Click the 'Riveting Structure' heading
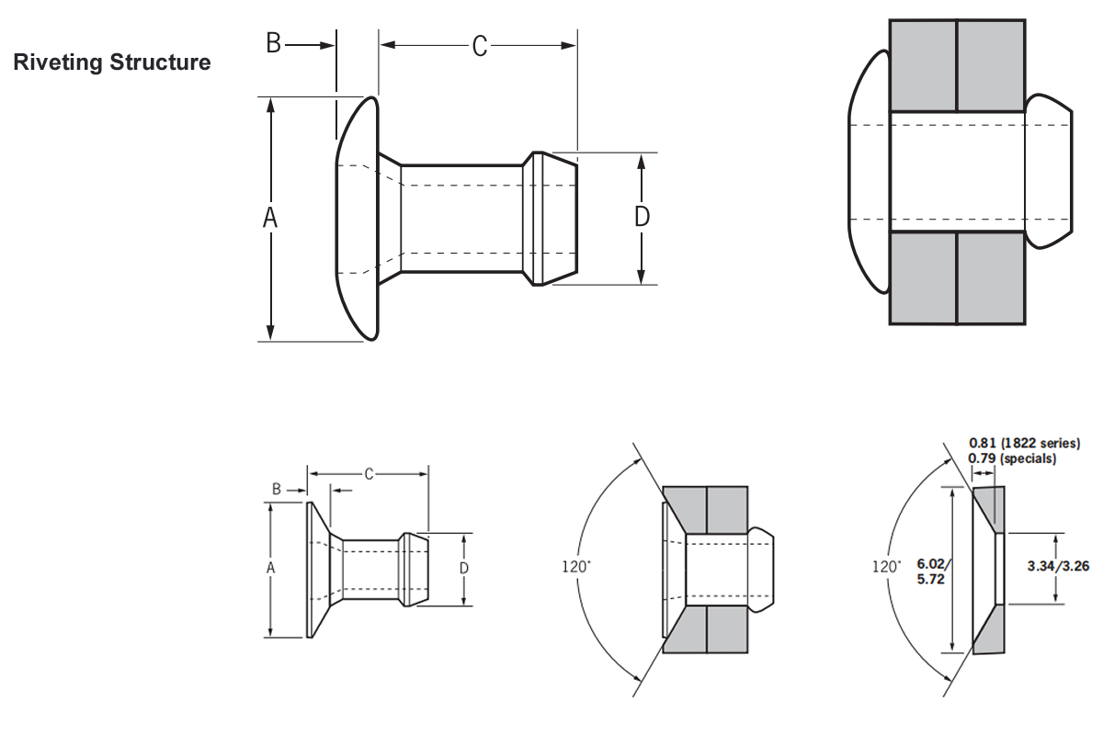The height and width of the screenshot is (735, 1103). point(112,62)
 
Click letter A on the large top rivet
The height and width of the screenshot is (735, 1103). point(270,218)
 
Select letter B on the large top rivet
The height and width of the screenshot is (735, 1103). point(273,43)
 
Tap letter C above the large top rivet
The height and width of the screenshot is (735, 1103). point(479,46)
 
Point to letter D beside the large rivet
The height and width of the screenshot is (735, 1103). point(642,217)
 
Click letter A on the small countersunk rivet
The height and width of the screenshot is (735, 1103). point(271,569)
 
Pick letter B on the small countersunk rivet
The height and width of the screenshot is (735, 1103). point(276,490)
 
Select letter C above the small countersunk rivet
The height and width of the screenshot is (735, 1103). point(369,474)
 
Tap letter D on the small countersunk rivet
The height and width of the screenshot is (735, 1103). point(464,569)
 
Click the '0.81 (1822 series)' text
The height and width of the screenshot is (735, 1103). point(1024,443)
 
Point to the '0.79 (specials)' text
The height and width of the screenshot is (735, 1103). point(1012,458)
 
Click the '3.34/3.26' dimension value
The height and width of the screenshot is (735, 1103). point(1058,566)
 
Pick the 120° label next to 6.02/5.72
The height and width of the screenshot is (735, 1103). point(886,567)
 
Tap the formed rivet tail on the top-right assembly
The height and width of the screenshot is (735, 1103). point(1049,170)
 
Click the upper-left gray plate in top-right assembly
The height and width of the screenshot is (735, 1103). point(923,65)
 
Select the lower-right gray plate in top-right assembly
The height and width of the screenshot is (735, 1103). point(991,277)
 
